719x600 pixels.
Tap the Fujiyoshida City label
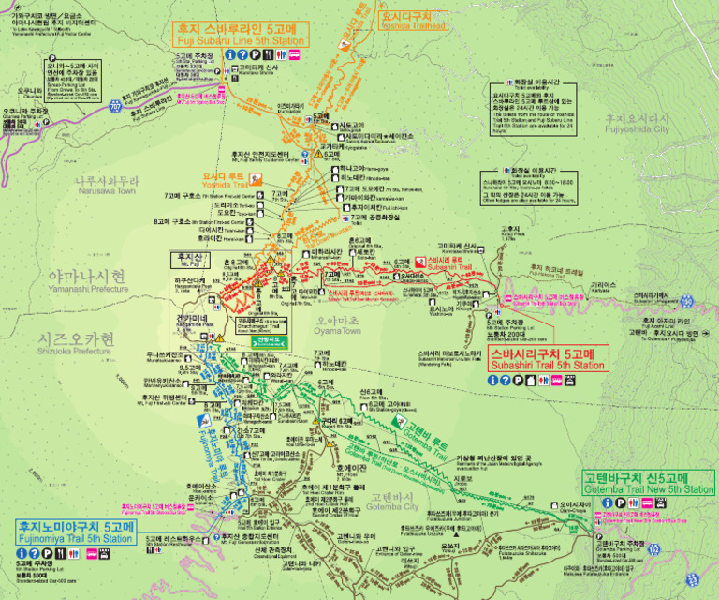pos(637,124)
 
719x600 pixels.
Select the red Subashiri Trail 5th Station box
pos(547,358)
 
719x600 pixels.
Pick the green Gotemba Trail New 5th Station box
pos(649,483)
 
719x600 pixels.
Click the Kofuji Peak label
pos(510,232)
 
